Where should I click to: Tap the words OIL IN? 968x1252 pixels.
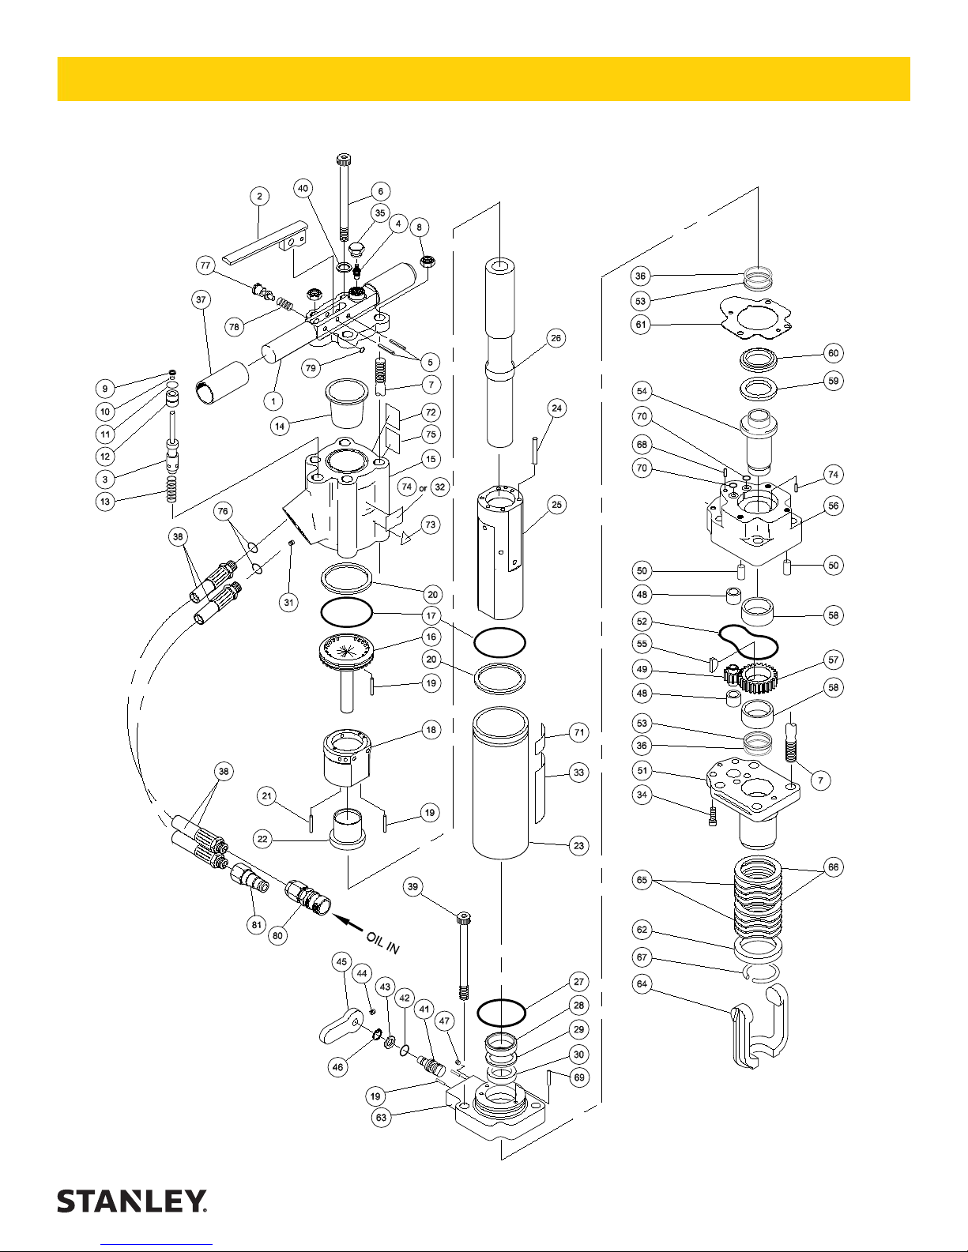(x=383, y=943)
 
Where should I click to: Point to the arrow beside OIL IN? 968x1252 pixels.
(x=348, y=924)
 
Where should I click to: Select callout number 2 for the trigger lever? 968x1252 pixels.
(x=260, y=197)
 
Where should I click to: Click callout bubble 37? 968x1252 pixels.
(x=201, y=299)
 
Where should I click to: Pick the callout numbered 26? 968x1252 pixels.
(x=556, y=338)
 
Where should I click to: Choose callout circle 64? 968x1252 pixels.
(x=642, y=983)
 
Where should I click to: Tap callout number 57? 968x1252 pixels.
(x=834, y=660)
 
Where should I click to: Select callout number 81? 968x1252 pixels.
(x=257, y=925)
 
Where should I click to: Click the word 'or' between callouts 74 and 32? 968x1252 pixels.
(x=423, y=489)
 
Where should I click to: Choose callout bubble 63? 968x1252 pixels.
(x=382, y=1118)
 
